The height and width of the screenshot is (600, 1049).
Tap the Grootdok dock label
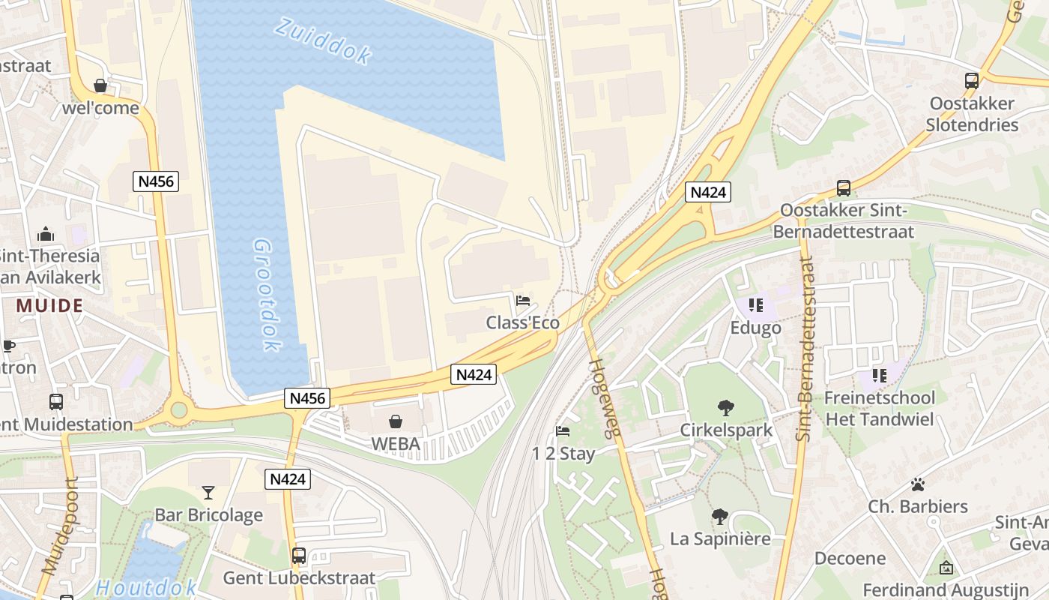(265, 295)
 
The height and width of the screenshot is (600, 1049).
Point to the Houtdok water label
(146, 587)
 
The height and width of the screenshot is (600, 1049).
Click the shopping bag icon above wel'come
(100, 86)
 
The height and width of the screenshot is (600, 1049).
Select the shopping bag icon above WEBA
(396, 422)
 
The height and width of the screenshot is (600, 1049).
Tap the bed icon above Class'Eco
(523, 301)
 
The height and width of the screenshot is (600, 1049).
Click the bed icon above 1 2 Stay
(563, 431)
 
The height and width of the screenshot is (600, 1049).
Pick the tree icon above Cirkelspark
(725, 408)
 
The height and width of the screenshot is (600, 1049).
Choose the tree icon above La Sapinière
(719, 517)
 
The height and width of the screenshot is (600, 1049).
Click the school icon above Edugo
(755, 305)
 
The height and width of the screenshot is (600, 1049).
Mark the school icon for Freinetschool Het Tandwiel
(879, 374)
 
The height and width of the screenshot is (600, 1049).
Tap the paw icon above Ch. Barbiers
(918, 484)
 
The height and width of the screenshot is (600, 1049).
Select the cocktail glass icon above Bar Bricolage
(208, 493)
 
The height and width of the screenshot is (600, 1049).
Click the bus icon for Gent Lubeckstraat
(299, 556)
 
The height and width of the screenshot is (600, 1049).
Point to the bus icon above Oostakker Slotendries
(972, 81)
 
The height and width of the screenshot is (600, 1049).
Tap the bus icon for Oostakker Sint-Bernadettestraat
(844, 188)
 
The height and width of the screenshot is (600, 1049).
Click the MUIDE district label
(49, 306)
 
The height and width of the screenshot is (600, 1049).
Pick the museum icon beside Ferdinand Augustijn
(946, 568)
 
